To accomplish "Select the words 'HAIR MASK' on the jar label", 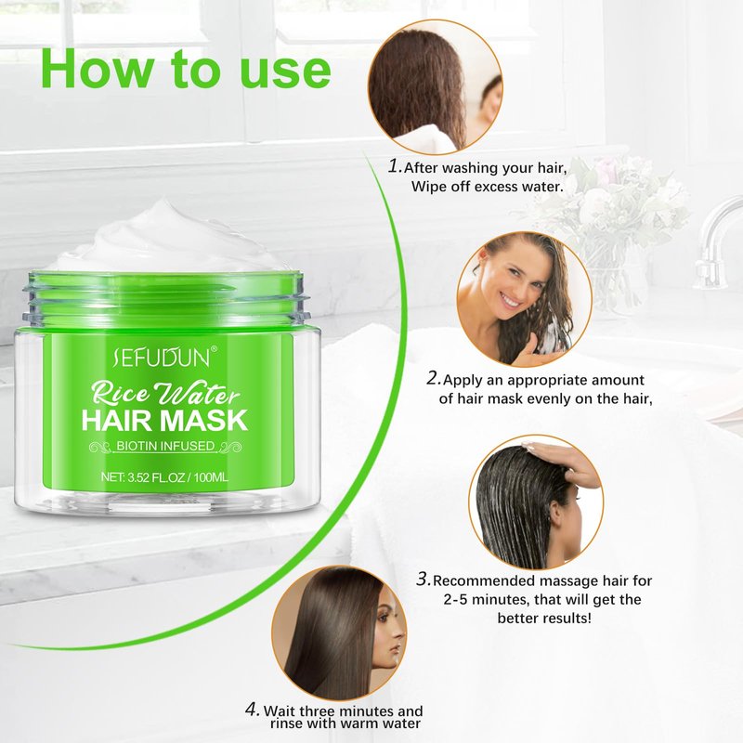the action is point(164,420).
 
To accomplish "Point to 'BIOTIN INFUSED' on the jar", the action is point(165,446).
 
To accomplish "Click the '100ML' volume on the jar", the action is point(211,477).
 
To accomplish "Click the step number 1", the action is point(395,166).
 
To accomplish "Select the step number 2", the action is point(434,378).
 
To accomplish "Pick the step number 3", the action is point(424,579).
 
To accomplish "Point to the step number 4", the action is point(253,710).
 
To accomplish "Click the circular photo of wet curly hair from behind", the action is point(435,87).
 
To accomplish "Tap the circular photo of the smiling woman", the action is point(524,299).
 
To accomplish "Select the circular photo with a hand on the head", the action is point(537,502).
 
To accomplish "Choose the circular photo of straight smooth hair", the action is point(339,633).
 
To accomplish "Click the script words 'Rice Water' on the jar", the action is point(165,393).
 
